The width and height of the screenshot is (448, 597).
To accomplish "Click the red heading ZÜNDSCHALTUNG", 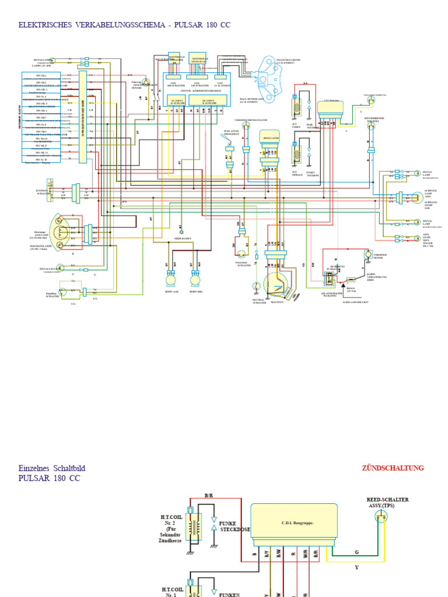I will (x=393, y=468).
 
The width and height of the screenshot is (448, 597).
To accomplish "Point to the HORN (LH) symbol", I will (x=170, y=279).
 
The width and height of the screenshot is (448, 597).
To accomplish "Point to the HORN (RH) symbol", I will (x=196, y=279).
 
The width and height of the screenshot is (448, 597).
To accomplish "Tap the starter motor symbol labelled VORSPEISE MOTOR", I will (x=368, y=255).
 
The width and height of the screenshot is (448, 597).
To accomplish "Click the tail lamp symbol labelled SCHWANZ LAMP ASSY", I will (x=415, y=198).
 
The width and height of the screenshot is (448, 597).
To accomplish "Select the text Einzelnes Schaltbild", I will (x=55, y=468).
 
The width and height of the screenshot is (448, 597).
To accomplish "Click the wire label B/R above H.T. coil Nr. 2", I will (x=209, y=495).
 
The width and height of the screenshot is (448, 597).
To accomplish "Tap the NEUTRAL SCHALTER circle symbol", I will (x=256, y=286).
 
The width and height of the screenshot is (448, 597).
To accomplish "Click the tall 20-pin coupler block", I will (x=83, y=117).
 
